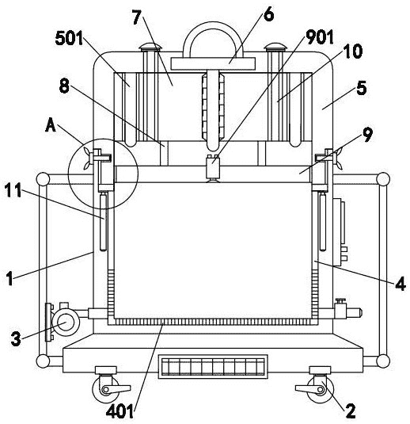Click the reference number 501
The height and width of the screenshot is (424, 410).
(69, 38)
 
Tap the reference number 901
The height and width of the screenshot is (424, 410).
(320, 36)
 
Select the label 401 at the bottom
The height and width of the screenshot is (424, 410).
(120, 411)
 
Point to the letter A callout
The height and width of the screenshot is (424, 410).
(51, 126)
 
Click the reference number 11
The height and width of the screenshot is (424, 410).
(13, 190)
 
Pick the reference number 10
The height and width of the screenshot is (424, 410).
(353, 52)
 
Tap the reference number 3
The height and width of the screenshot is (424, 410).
(16, 338)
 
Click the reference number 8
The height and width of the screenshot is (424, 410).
(64, 86)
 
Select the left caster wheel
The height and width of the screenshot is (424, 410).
(105, 389)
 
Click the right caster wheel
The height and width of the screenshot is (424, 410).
(321, 389)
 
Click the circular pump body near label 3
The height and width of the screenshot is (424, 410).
(66, 323)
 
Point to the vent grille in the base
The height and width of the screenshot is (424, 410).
(213, 367)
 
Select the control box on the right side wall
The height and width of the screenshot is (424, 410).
(340, 232)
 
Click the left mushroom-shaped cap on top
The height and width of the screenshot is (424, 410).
(150, 47)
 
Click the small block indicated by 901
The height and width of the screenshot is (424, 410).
(213, 168)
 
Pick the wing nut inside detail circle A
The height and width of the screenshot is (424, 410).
(87, 159)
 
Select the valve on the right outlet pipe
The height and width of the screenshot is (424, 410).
(340, 308)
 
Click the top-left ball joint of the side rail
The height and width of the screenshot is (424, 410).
(43, 179)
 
